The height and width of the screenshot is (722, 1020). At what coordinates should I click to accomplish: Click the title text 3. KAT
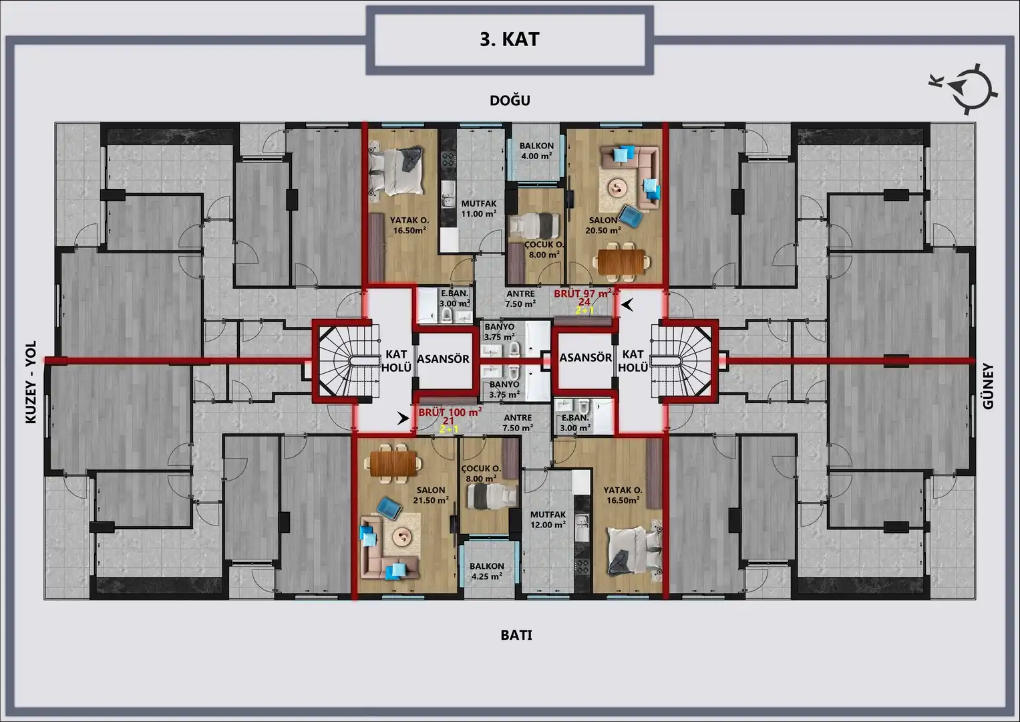click(x=510, y=39)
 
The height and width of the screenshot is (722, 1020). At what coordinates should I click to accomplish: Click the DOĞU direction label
click(x=510, y=100)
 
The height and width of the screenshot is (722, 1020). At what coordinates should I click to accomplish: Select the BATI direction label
click(x=516, y=635)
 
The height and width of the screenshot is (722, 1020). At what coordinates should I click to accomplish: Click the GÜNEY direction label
click(x=988, y=386)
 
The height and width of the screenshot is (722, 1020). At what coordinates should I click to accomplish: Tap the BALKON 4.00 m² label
click(x=536, y=151)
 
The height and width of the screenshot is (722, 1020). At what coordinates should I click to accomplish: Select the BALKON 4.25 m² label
click(x=487, y=571)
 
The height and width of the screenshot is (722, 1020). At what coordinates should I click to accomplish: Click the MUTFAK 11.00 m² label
click(x=478, y=209)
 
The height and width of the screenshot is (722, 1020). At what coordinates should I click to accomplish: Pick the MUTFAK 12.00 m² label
click(x=548, y=519)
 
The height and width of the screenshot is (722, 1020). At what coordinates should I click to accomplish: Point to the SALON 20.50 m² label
click(x=603, y=225)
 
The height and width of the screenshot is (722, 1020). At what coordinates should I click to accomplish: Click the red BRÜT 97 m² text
click(x=583, y=293)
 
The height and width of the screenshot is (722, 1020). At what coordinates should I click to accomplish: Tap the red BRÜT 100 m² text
click(x=450, y=412)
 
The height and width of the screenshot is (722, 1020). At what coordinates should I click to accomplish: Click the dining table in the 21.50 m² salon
click(x=394, y=463)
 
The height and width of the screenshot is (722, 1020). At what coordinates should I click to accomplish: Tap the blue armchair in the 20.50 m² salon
click(x=631, y=215)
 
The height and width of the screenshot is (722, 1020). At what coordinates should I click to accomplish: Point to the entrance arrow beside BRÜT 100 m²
click(x=403, y=418)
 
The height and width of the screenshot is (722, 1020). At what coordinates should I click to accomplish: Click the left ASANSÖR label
click(x=443, y=359)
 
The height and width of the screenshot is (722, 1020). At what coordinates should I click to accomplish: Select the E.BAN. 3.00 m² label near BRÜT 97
click(x=454, y=299)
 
